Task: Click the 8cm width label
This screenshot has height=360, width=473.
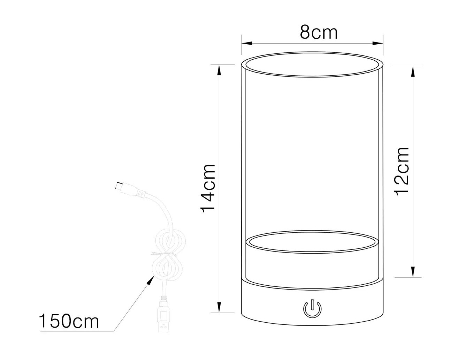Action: click(318, 33)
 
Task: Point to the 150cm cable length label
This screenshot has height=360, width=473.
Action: click(69, 321)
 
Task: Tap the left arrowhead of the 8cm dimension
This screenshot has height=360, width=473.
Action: click(247, 43)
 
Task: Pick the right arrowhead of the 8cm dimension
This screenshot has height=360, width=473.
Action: click(378, 43)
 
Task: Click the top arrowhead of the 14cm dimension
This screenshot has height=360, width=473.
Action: click(219, 70)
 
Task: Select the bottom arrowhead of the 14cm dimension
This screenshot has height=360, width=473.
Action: click(219, 307)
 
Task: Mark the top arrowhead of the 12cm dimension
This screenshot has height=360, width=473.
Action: click(413, 72)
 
